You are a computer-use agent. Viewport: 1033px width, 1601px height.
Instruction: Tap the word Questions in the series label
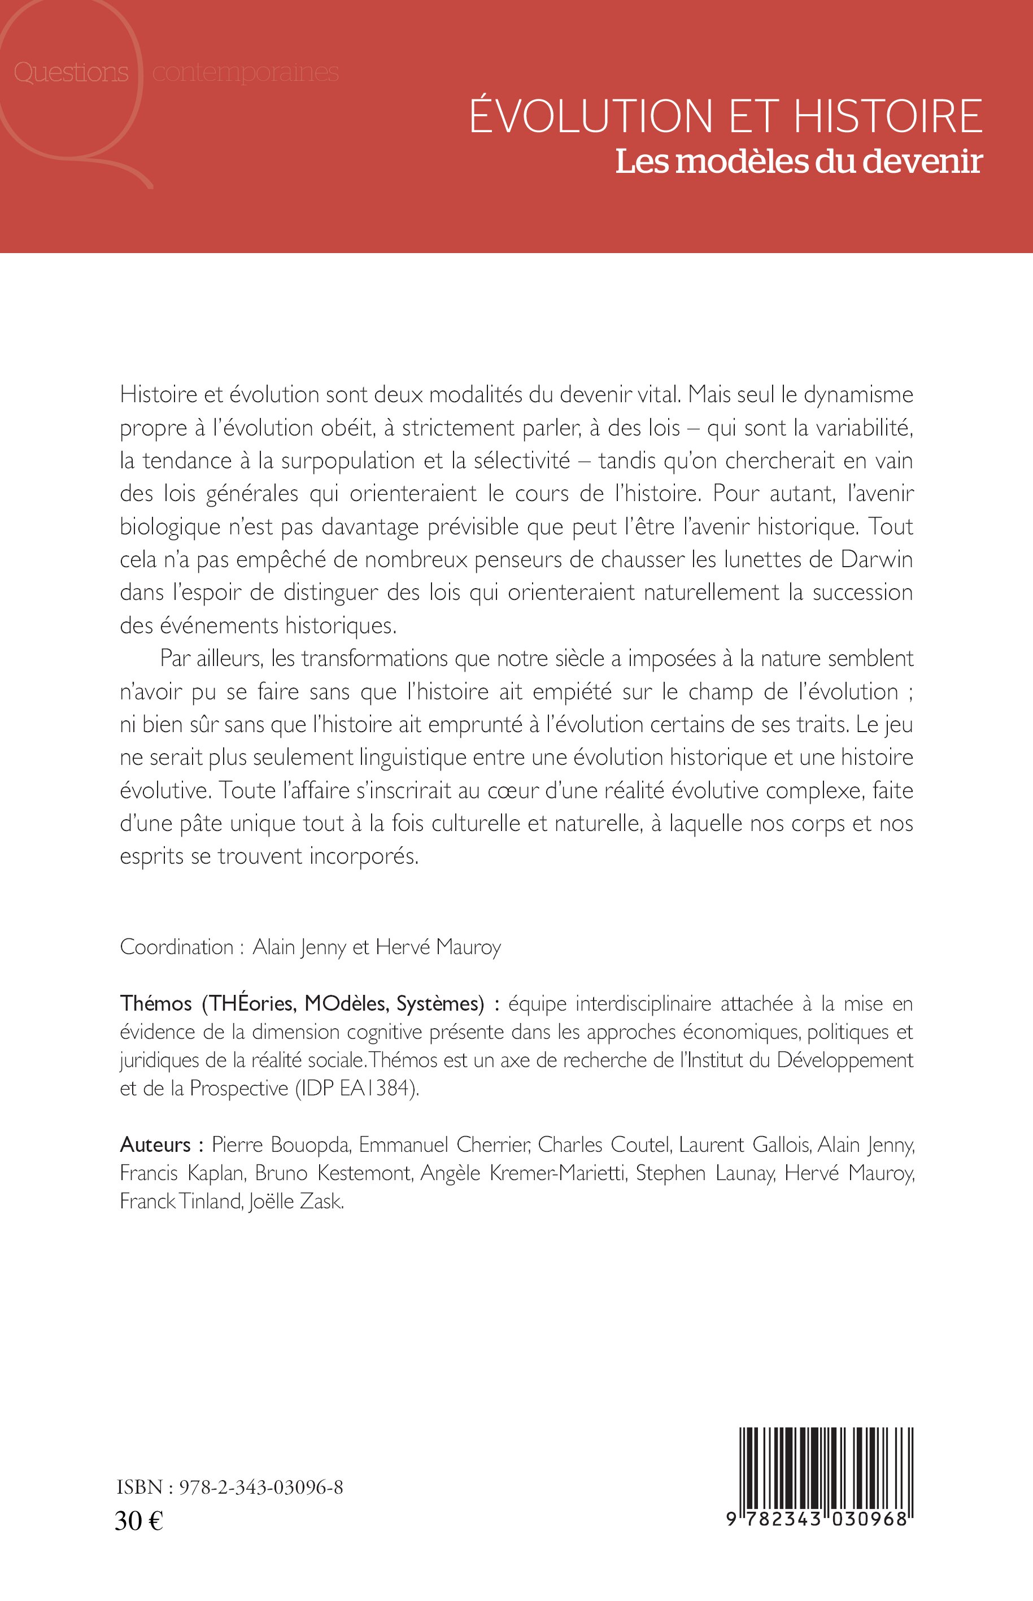click(71, 72)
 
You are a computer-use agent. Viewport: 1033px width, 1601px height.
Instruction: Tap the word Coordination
click(176, 947)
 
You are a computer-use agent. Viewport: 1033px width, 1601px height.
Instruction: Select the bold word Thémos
click(156, 1004)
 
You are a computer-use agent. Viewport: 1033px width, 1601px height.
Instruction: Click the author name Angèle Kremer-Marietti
click(522, 1173)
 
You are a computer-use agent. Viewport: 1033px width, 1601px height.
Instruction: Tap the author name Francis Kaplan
click(182, 1173)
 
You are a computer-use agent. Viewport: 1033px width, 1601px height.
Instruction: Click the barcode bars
click(826, 1465)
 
